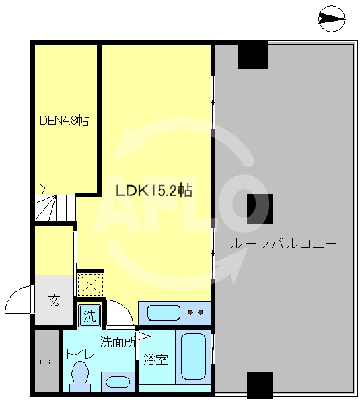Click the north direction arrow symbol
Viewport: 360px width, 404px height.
pos(332,20)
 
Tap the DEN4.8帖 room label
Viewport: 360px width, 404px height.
pos(64,121)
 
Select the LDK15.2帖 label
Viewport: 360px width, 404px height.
pos(154,191)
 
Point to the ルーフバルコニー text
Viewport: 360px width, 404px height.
pos(283,243)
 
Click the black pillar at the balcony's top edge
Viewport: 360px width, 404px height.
pos(252,56)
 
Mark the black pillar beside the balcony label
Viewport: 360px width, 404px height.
pos(259,208)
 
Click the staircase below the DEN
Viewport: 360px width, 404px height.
pos(52,205)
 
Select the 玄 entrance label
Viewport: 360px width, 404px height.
pos(53,301)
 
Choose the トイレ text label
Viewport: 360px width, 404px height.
pos(79,354)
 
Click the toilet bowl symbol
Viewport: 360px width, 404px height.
pos(80,374)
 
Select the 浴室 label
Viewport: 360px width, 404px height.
pos(155,360)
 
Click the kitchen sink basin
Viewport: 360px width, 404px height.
pos(163,312)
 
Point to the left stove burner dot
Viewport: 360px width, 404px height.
pos(191,312)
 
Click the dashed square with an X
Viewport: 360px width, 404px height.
pos(91,284)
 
